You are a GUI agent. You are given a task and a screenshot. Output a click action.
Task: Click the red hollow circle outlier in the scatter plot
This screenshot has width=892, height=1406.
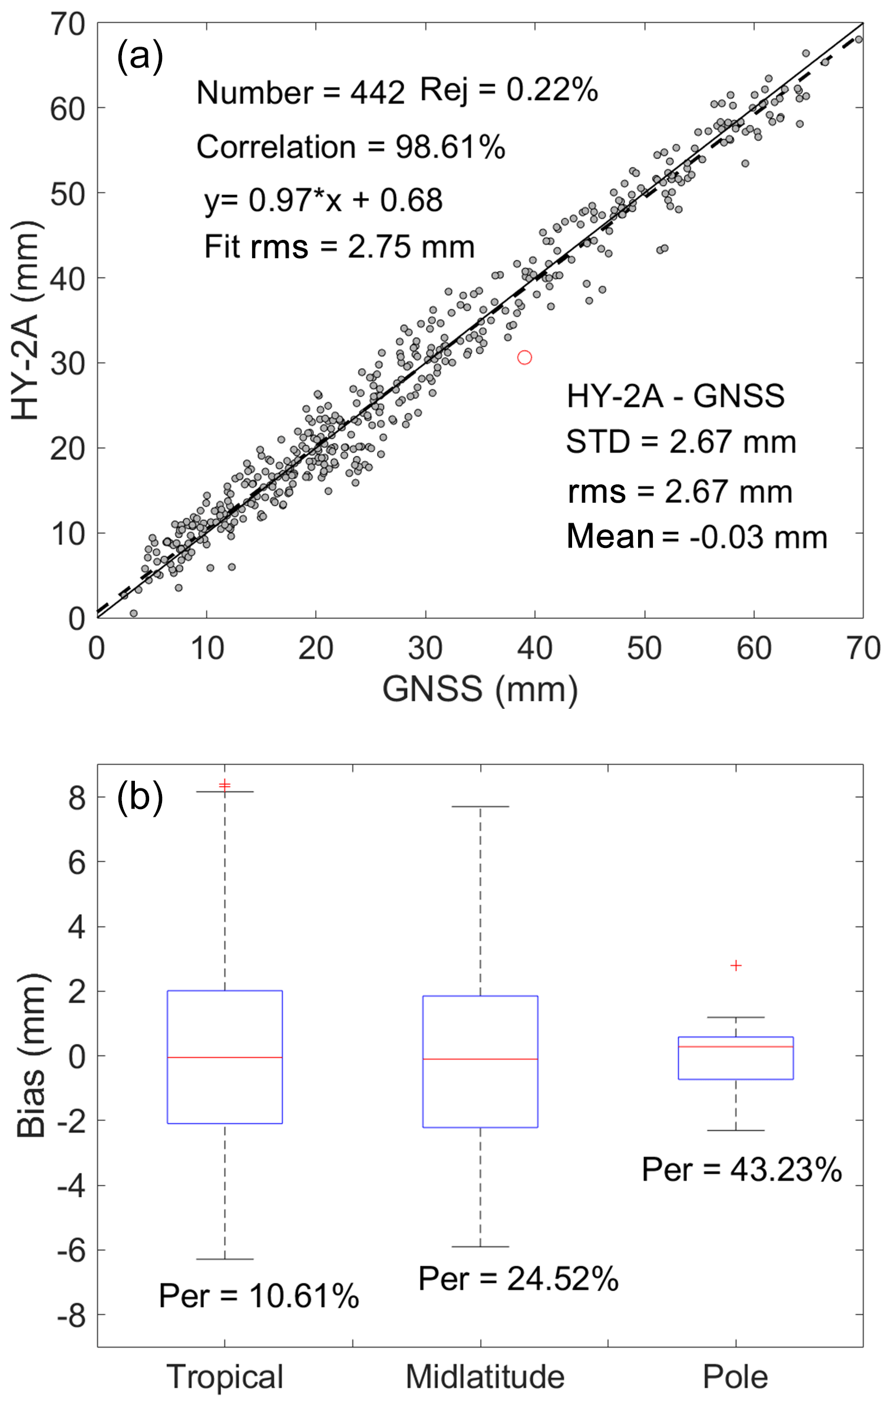[524, 358]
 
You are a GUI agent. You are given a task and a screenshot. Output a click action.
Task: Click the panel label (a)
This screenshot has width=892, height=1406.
[140, 57]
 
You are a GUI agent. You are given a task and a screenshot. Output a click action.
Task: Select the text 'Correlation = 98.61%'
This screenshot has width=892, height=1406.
[351, 147]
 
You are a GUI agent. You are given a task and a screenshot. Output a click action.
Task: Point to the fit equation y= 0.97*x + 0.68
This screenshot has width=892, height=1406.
[323, 200]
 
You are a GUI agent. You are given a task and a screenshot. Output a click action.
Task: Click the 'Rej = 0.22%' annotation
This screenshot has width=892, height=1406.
[509, 90]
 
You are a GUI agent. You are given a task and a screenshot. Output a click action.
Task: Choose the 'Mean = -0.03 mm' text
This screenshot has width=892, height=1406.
[696, 537]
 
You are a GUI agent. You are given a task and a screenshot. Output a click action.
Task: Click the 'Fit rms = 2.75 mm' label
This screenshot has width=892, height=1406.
[339, 247]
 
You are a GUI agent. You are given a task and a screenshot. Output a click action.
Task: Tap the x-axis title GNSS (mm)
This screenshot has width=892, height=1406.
[480, 688]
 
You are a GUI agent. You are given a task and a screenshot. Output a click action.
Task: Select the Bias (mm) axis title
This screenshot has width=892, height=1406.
[31, 1055]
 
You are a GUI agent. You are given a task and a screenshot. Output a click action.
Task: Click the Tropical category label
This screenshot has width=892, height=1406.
[225, 1377]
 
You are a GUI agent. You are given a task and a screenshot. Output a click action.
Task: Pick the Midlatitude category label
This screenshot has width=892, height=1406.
[485, 1377]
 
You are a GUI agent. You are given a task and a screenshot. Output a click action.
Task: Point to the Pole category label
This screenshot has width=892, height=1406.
[735, 1377]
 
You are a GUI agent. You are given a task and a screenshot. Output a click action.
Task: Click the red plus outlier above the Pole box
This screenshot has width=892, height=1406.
[736, 966]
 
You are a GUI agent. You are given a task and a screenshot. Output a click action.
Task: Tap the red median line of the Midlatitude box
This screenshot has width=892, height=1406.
[480, 1059]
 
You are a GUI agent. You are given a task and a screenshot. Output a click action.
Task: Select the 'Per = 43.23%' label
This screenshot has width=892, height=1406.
[741, 1169]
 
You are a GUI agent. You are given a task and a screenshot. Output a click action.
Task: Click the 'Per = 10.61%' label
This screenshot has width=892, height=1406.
[259, 1296]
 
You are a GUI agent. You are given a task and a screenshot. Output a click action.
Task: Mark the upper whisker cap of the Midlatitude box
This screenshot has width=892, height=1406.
[480, 806]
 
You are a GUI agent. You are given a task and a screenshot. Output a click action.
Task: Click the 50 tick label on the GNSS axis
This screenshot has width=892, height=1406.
[644, 649]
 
